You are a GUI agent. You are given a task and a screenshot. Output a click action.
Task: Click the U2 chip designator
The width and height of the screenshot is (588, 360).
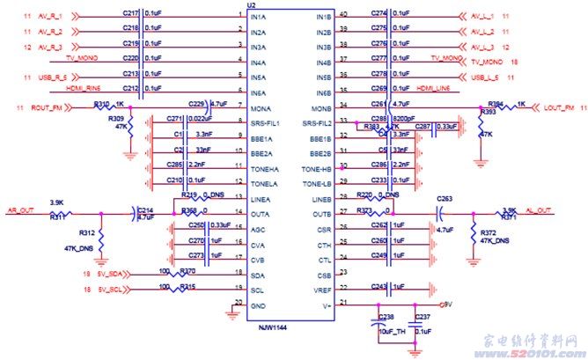253,6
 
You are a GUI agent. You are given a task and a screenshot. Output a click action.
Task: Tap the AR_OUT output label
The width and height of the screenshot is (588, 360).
19,211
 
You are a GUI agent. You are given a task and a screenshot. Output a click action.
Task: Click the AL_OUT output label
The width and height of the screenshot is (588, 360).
539,211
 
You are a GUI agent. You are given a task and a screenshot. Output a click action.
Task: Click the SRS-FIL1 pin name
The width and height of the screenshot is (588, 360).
265,123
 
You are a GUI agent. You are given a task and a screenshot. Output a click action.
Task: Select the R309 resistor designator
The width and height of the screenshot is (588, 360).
115,117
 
